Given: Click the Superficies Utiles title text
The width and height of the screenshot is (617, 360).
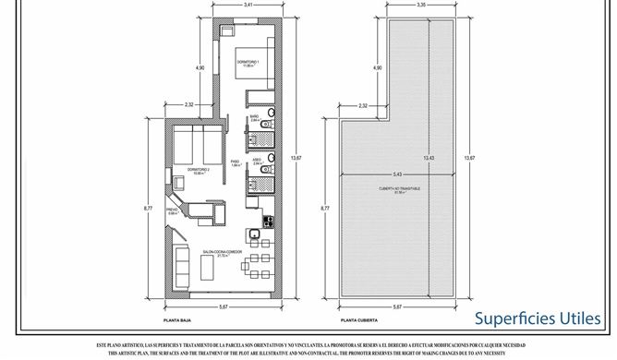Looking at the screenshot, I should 538,318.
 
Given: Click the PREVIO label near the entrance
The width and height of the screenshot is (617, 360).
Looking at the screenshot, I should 172,211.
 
